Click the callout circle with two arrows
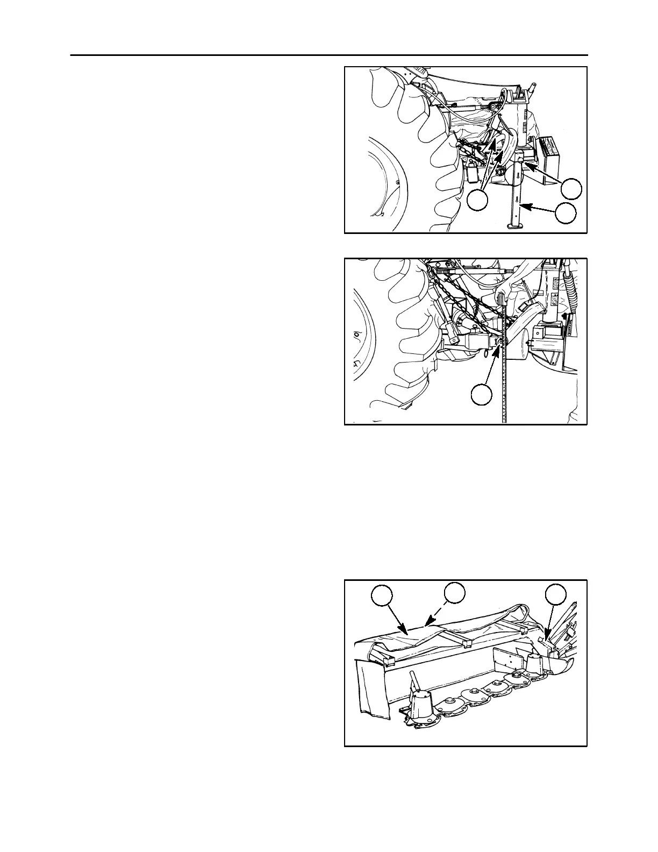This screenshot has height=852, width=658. pyautogui.click(x=477, y=200)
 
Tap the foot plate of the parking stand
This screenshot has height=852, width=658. pyautogui.click(x=515, y=226)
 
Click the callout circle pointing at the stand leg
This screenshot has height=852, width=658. pyautogui.click(x=566, y=214)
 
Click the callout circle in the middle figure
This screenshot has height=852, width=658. pyautogui.click(x=481, y=395)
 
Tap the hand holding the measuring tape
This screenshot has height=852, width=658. pyautogui.click(x=503, y=295)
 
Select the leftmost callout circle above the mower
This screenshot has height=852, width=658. pyautogui.click(x=382, y=596)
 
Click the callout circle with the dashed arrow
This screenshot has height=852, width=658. pyautogui.click(x=454, y=592)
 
